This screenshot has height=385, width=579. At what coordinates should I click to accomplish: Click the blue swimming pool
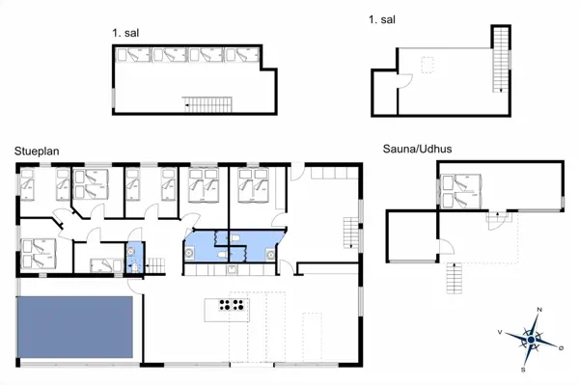tap(74, 328)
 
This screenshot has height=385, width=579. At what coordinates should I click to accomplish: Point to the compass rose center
tap(530, 338)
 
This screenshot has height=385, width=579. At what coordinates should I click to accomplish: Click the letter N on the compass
tap(538, 310)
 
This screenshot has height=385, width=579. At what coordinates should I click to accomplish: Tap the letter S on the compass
tap(522, 368)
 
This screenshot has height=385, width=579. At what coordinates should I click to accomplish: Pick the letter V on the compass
tap(500, 331)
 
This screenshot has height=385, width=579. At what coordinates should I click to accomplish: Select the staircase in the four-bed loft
tap(207, 102)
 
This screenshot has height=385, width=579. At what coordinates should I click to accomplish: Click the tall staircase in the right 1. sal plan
tap(499, 60)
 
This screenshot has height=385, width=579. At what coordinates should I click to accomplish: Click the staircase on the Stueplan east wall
tap(350, 232)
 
